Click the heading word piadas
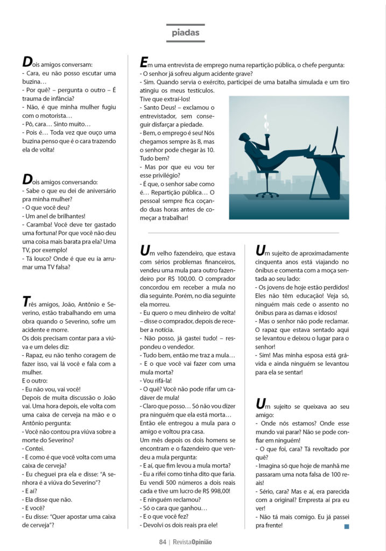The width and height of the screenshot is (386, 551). click(185, 33)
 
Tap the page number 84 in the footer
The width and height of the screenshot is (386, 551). click(162, 542)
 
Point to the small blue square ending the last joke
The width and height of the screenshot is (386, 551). click(347, 526)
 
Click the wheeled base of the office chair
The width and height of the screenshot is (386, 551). click(266, 193)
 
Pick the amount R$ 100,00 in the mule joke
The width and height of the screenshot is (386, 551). click(181, 279)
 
